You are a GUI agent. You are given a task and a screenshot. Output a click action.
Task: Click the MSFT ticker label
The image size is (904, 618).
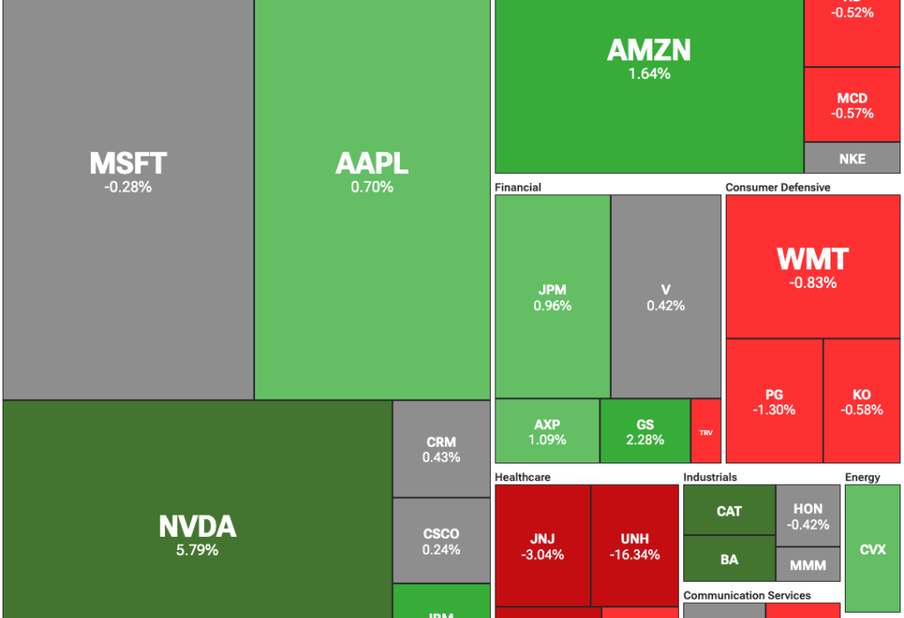pyautogui.click(x=128, y=163)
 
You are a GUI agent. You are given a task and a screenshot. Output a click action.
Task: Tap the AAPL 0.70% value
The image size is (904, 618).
pyautogui.click(x=372, y=187)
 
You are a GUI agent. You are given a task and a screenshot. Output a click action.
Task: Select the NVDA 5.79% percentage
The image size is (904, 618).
pyautogui.click(x=198, y=550)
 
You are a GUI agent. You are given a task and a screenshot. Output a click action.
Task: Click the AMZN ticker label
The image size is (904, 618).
pyautogui.click(x=649, y=50)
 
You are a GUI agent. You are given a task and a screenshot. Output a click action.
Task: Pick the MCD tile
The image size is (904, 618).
pyautogui.click(x=852, y=105)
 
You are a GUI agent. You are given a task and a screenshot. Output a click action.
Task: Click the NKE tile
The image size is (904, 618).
pyautogui.click(x=852, y=159)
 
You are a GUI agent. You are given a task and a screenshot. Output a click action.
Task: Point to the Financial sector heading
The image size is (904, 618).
pyautogui.click(x=518, y=187)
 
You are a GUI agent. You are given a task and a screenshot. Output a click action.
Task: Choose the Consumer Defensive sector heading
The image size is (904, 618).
pyautogui.click(x=778, y=187)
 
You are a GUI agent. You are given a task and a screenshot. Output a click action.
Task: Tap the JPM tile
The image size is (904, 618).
pyautogui.click(x=553, y=298)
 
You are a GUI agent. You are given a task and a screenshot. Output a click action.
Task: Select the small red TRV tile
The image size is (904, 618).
pyautogui.click(x=705, y=432)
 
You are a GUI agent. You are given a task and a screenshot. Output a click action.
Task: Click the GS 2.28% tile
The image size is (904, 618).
pyautogui.click(x=644, y=432)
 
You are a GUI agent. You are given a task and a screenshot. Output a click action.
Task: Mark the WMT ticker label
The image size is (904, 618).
pyautogui.click(x=812, y=259)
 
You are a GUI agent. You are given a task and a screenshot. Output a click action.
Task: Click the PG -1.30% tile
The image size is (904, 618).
pyautogui.click(x=774, y=402)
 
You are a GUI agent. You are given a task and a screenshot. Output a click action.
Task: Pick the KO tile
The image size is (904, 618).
pyautogui.click(x=862, y=402)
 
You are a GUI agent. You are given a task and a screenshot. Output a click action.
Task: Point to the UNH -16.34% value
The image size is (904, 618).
pyautogui.click(x=635, y=555)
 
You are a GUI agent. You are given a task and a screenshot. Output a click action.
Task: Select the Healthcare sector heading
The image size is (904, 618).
pyautogui.click(x=523, y=477)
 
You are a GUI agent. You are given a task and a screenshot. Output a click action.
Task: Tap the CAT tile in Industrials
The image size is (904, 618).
pyautogui.click(x=729, y=510)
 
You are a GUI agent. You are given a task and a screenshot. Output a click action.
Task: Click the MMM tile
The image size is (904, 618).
pyautogui.click(x=808, y=564)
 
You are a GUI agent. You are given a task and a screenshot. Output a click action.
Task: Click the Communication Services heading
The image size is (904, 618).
pyautogui.click(x=747, y=595)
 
